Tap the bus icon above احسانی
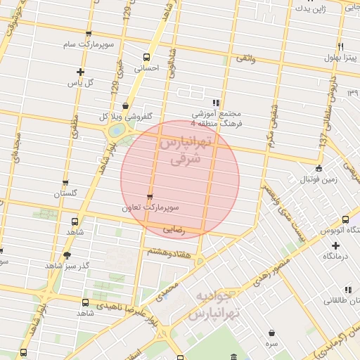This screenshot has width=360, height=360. coord(146,57)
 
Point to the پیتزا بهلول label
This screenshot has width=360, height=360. coord(340,57)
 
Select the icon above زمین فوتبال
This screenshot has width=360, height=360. coord(319,168)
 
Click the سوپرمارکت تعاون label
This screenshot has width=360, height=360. coord(150,208)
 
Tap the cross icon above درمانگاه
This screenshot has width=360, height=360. coord(335,245)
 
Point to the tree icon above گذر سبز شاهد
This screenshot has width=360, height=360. coord(67,255)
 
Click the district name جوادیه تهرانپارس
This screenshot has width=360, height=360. coord(214,304)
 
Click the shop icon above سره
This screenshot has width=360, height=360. coord(271,333)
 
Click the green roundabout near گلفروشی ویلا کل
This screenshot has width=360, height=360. coord(117,131)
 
